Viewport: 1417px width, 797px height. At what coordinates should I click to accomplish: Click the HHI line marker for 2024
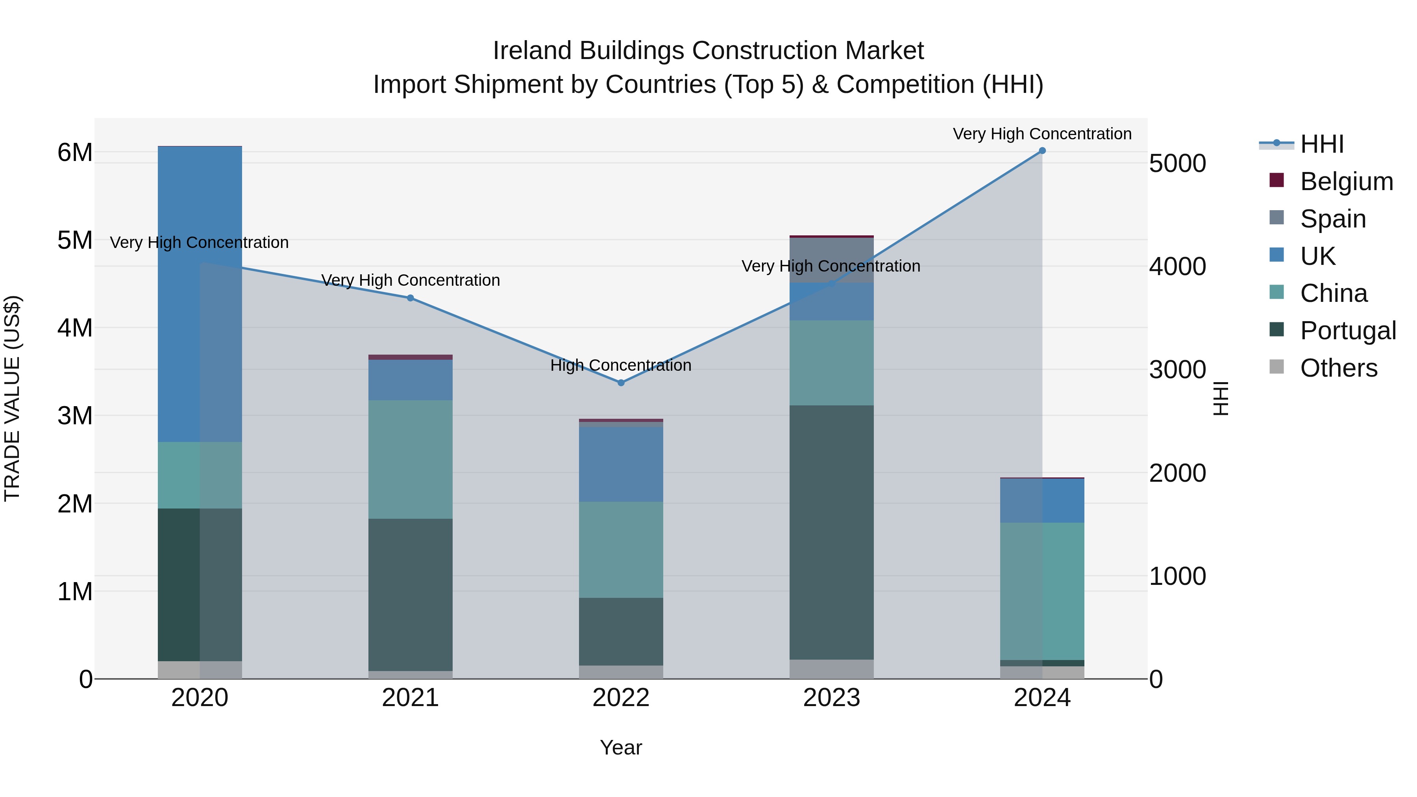pos(1042,151)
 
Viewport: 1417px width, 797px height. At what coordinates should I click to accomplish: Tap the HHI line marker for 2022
pos(621,383)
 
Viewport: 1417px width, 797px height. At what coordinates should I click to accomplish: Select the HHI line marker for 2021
pos(411,298)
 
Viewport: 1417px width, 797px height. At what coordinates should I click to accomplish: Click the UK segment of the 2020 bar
pos(200,294)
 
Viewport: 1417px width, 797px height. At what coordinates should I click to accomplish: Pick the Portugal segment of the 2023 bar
pos(831,533)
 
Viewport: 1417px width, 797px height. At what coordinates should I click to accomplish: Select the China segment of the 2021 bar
pos(411,459)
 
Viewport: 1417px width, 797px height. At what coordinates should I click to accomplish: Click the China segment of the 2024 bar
pos(1042,591)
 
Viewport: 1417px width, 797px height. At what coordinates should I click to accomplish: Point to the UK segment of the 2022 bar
pos(621,464)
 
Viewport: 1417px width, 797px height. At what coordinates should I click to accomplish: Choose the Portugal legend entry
pos(1348,331)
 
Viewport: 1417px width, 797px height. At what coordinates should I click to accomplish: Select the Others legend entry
pos(1338,368)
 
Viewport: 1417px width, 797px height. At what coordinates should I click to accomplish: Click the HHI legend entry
pos(1322,144)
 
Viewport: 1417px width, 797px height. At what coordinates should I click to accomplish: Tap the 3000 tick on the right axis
pos(1177,370)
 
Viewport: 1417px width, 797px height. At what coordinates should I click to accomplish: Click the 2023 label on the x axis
pos(831,698)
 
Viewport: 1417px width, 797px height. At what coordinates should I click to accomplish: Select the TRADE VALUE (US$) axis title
pos(13,398)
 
